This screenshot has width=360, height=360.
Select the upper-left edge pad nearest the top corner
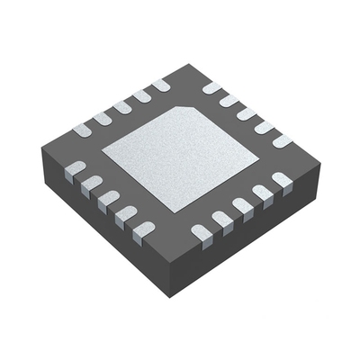160,85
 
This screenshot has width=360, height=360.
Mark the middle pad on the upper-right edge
246,114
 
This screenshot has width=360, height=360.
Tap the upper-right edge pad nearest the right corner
282,141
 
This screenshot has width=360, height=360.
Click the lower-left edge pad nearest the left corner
76,169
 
